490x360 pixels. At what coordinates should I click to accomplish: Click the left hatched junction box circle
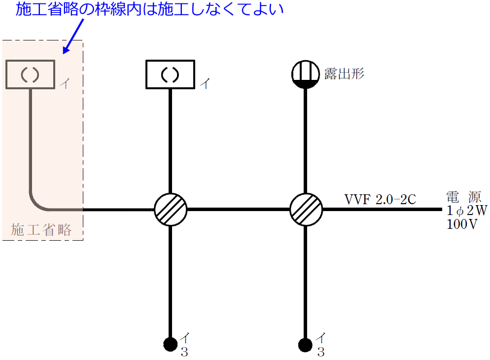171,209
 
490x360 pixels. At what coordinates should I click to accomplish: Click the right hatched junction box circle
306,209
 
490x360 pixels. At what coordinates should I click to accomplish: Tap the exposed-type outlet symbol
306,74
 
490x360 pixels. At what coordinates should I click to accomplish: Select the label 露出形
344,73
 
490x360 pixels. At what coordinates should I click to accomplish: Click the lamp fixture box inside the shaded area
31,74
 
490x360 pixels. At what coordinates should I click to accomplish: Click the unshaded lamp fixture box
171,74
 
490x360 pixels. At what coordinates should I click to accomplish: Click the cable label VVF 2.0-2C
381,199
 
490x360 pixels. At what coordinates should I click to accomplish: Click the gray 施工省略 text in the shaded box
41,229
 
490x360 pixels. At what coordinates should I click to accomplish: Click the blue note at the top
150,10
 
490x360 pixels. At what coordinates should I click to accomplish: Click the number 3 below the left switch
184,352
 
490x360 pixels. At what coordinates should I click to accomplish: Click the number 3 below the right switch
320,352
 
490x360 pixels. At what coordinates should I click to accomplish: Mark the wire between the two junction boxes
238,209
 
